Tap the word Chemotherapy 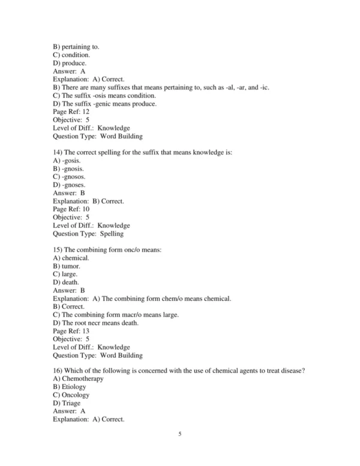[x=83, y=379]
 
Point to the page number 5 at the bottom [x=179, y=434]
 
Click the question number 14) [x=58, y=153]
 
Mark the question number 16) [x=58, y=371]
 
